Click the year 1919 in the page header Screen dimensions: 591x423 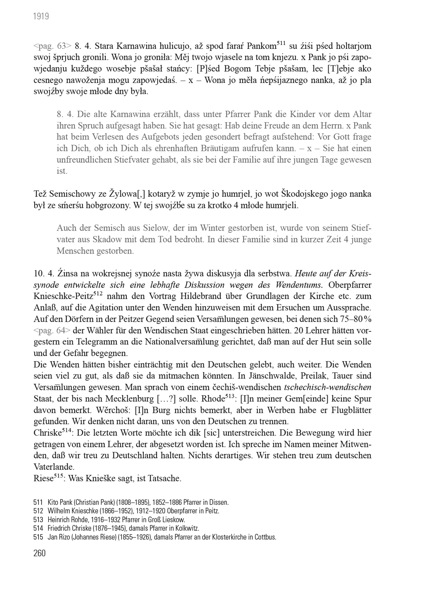(x=41, y=17)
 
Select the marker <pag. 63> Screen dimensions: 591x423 (x=52, y=46)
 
